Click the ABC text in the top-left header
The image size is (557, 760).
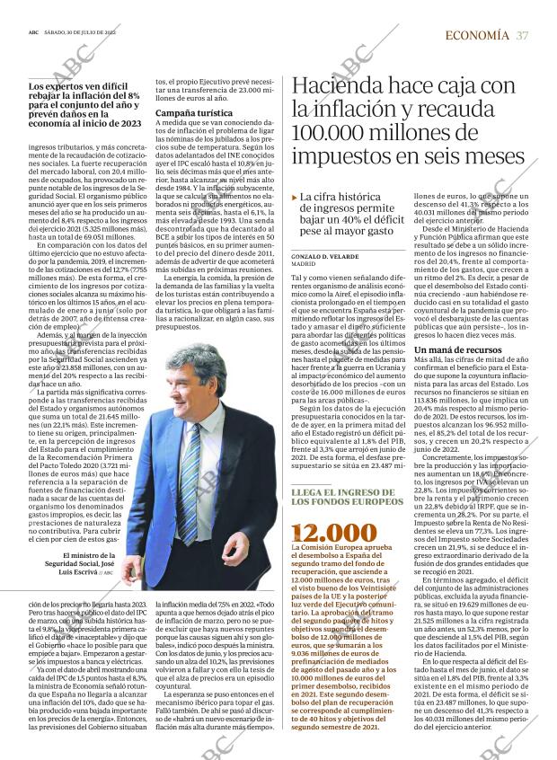33,30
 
